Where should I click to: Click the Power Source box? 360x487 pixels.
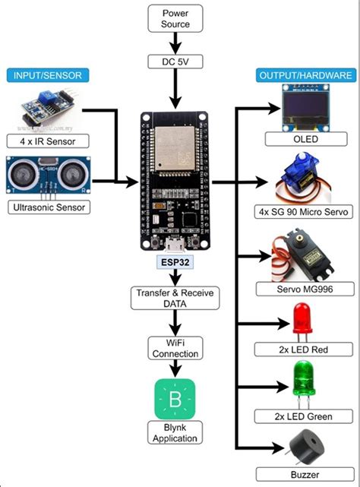pyautogui.click(x=175, y=18)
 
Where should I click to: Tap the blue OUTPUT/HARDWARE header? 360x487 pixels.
pyautogui.click(x=305, y=75)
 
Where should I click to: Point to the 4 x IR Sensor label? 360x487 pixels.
pyautogui.click(x=48, y=141)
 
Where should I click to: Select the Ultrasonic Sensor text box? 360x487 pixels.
pyautogui.click(x=47, y=207)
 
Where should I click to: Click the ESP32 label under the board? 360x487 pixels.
pyautogui.click(x=175, y=262)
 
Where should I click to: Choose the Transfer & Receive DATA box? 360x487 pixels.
pyautogui.click(x=175, y=297)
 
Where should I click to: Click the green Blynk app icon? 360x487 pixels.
pyautogui.click(x=175, y=398)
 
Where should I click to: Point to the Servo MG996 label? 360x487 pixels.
pyautogui.click(x=305, y=289)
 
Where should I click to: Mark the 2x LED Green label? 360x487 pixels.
pyautogui.click(x=305, y=417)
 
